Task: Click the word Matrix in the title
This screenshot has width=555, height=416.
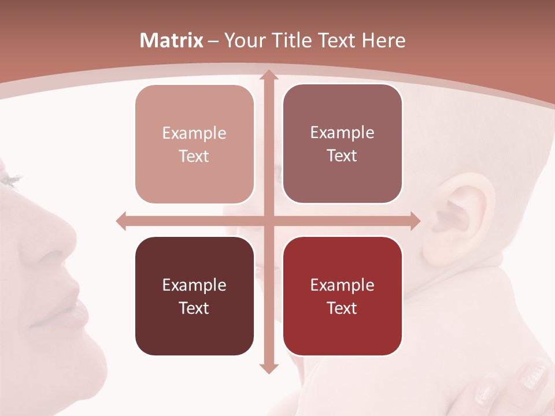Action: (172, 40)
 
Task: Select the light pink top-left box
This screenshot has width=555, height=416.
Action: (194, 144)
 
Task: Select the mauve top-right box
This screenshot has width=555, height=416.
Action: (342, 144)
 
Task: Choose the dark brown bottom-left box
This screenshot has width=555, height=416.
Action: (194, 296)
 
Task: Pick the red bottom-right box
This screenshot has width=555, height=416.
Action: (342, 296)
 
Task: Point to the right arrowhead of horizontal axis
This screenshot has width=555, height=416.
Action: (415, 221)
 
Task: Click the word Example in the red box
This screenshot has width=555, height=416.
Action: (342, 285)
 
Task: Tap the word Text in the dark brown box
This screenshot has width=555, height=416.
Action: (194, 308)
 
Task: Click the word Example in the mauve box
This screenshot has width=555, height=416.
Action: (342, 133)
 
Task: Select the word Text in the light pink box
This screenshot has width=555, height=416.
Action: (194, 157)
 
